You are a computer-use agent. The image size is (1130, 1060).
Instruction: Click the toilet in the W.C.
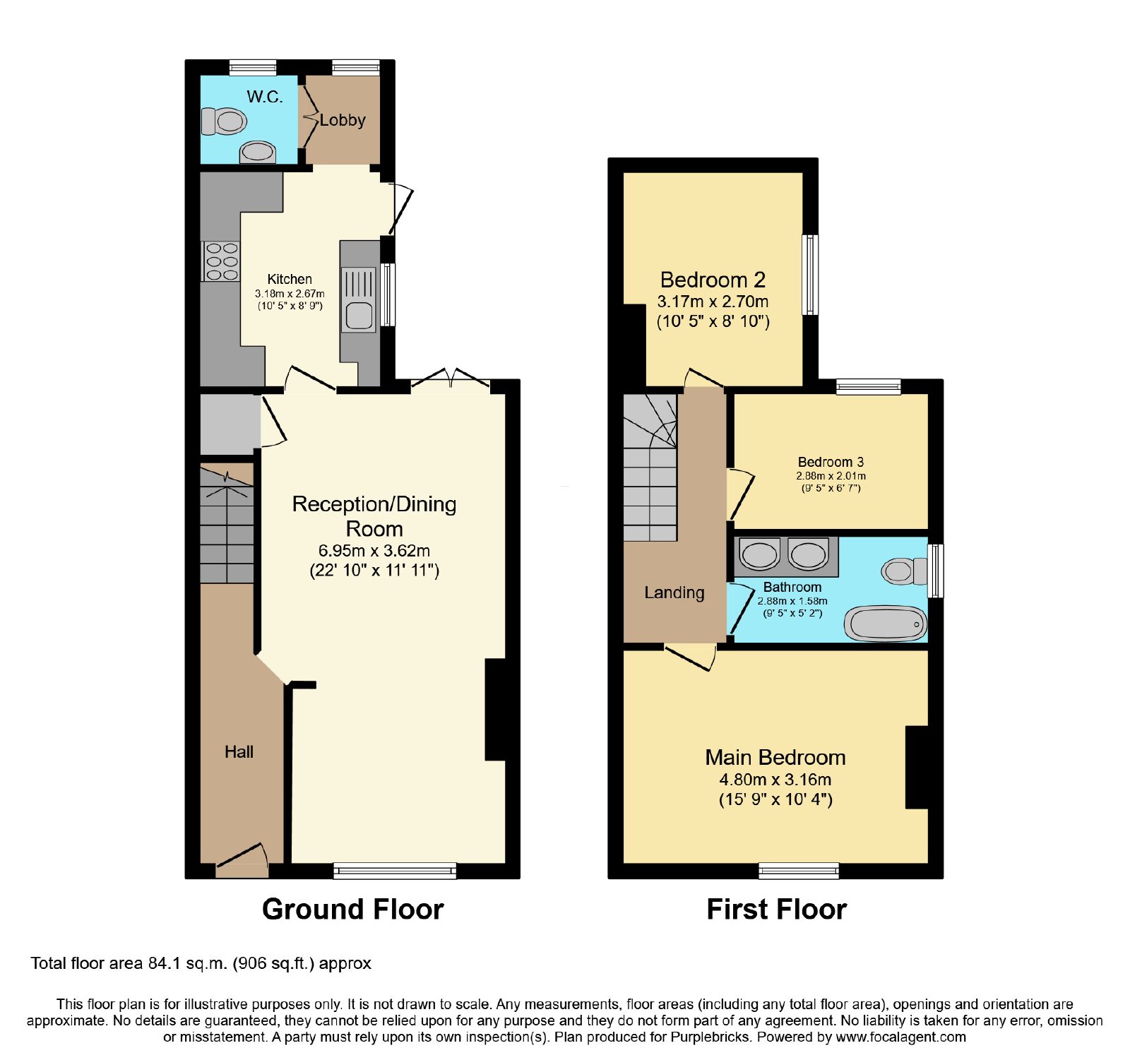pyautogui.click(x=225, y=121)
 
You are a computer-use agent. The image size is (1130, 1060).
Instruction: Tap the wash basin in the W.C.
pyautogui.click(x=257, y=152)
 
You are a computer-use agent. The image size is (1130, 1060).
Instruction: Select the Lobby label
pyautogui.click(x=343, y=120)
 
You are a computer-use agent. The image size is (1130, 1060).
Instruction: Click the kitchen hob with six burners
pyautogui.click(x=221, y=261)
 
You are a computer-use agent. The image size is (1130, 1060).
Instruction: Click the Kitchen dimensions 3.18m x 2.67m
pyautogui.click(x=290, y=293)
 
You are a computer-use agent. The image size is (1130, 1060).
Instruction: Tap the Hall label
pyautogui.click(x=239, y=752)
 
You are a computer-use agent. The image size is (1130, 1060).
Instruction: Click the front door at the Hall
pyautogui.click(x=242, y=859)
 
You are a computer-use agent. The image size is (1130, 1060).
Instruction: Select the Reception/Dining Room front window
pyautogui.click(x=395, y=871)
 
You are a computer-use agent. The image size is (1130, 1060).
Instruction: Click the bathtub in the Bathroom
pyautogui.click(x=886, y=624)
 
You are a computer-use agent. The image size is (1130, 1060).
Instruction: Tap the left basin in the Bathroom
pyautogui.click(x=759, y=554)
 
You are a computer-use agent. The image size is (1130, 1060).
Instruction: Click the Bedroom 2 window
pyautogui.click(x=811, y=275)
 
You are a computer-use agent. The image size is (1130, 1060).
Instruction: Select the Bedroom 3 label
pyautogui.click(x=831, y=463)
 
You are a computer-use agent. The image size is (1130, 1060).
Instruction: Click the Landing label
pyautogui.click(x=674, y=593)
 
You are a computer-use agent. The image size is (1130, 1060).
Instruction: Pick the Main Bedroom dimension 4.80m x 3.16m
pyautogui.click(x=775, y=780)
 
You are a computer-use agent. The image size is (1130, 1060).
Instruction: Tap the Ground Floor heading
pyautogui.click(x=353, y=910)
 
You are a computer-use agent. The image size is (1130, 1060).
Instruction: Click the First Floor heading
pyautogui.click(x=777, y=910)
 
